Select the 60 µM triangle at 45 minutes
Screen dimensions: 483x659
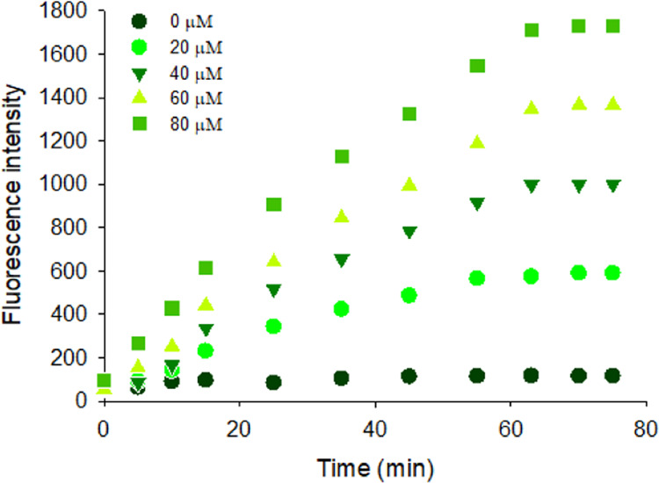pos(409,184)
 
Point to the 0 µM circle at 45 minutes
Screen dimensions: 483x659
pos(409,376)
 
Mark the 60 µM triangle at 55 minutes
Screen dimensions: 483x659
pos(478,141)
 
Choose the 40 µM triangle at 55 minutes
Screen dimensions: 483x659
pos(478,204)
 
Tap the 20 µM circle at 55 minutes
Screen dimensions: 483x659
pos(478,278)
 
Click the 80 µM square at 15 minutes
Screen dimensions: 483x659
pos(206,268)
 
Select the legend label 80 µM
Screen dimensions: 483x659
pos(203,125)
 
